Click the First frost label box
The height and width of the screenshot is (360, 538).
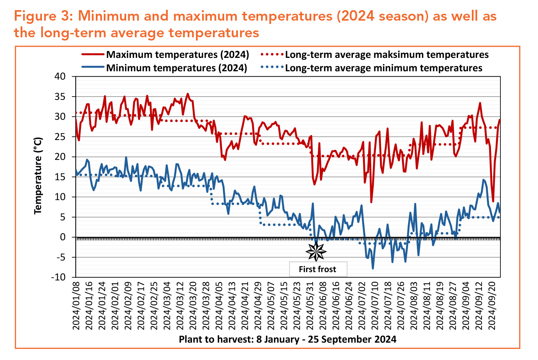coord(318,269)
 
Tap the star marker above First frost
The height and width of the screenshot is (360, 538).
coord(316,251)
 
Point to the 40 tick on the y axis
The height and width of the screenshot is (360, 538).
coord(60,76)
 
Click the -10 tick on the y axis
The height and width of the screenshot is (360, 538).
coord(59,278)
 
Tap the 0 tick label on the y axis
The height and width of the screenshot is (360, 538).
coord(63,237)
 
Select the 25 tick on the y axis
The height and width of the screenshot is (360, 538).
coord(60,137)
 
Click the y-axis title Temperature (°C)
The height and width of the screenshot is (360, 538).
coord(38,175)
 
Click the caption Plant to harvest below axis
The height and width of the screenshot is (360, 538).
coord(287,339)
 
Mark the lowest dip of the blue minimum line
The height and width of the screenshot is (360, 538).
coord(373,268)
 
